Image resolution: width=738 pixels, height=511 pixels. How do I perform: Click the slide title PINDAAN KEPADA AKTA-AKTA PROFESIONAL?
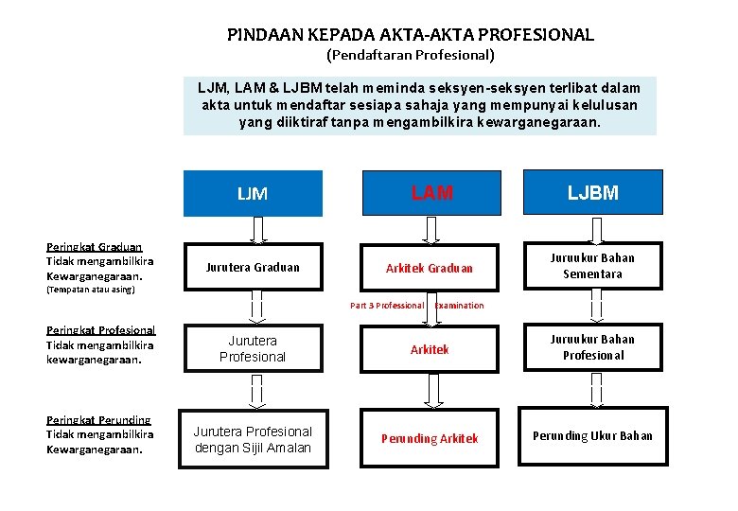pos(411,35)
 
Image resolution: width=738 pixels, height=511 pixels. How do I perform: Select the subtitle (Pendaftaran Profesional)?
pos(411,55)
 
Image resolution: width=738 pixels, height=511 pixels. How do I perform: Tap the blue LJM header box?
pos(253,194)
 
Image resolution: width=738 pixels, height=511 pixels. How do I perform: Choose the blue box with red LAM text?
pos(430,193)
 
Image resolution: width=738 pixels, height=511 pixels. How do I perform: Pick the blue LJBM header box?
pos(593,193)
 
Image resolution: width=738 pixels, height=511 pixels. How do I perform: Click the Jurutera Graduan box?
pos(253,268)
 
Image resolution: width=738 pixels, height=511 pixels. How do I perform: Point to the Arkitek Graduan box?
pos(430,268)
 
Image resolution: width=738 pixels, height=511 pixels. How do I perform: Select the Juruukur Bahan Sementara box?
pos(593,266)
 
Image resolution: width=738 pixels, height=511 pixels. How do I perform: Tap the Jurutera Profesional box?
pos(253,348)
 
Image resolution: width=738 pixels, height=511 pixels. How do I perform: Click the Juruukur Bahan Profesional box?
pos(593,347)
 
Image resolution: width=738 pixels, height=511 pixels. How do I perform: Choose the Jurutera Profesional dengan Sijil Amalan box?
pos(253,439)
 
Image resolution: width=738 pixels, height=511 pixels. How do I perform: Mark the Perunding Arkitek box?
pos(430,438)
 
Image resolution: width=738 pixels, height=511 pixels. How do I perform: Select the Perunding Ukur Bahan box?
pos(593,436)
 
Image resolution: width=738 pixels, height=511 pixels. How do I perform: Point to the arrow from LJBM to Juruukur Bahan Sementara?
pos(593,229)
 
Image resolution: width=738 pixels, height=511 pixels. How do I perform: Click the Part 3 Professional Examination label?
pos(416,306)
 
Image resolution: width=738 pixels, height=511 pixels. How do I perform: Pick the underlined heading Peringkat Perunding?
pos(98,419)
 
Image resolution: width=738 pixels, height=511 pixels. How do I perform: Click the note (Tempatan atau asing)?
pos(91,290)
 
